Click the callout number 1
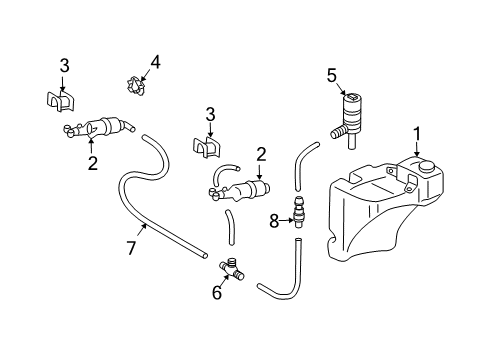tap(417, 134)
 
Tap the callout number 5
tap(332, 76)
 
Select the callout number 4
tap(155, 62)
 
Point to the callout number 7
tap(131, 248)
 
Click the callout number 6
tap(217, 292)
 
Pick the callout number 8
tap(274, 221)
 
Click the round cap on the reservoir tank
tap(427, 166)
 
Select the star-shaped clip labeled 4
tap(136, 86)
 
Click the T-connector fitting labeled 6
tap(231, 269)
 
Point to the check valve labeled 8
tap(298, 212)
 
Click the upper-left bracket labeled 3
tap(60, 101)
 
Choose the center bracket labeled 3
tap(207, 147)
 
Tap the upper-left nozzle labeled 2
tap(99, 128)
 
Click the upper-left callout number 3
tap(65, 66)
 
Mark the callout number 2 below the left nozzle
tap(93, 163)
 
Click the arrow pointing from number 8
tap(287, 220)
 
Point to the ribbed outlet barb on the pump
tap(338, 133)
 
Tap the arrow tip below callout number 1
tap(417, 155)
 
